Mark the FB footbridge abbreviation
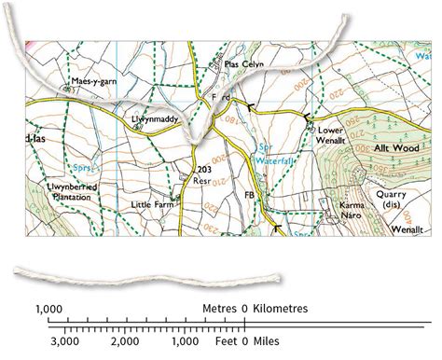pyautogui.click(x=249, y=196)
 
